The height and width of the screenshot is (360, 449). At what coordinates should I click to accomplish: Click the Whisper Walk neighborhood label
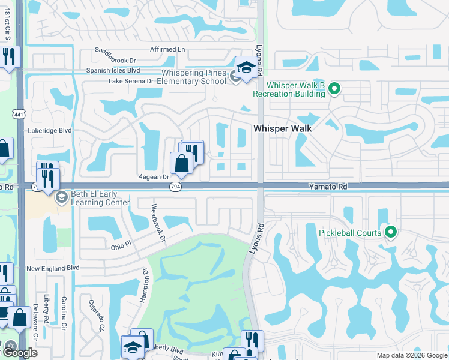[283, 128]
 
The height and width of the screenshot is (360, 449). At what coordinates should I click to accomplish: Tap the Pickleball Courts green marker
[391, 232]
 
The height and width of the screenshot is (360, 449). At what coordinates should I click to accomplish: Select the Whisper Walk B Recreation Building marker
[335, 89]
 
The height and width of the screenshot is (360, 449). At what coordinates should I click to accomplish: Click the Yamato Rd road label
[328, 187]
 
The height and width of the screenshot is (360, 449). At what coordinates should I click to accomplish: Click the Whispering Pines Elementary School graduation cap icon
[246, 69]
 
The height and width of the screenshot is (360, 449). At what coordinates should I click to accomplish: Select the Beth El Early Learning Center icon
[61, 197]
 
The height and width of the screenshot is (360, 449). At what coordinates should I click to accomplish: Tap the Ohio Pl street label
[121, 246]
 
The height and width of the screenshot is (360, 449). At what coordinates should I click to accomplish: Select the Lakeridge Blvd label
[50, 130]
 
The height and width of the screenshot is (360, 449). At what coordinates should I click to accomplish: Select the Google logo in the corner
[19, 353]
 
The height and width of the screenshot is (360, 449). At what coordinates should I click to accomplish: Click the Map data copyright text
[412, 355]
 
